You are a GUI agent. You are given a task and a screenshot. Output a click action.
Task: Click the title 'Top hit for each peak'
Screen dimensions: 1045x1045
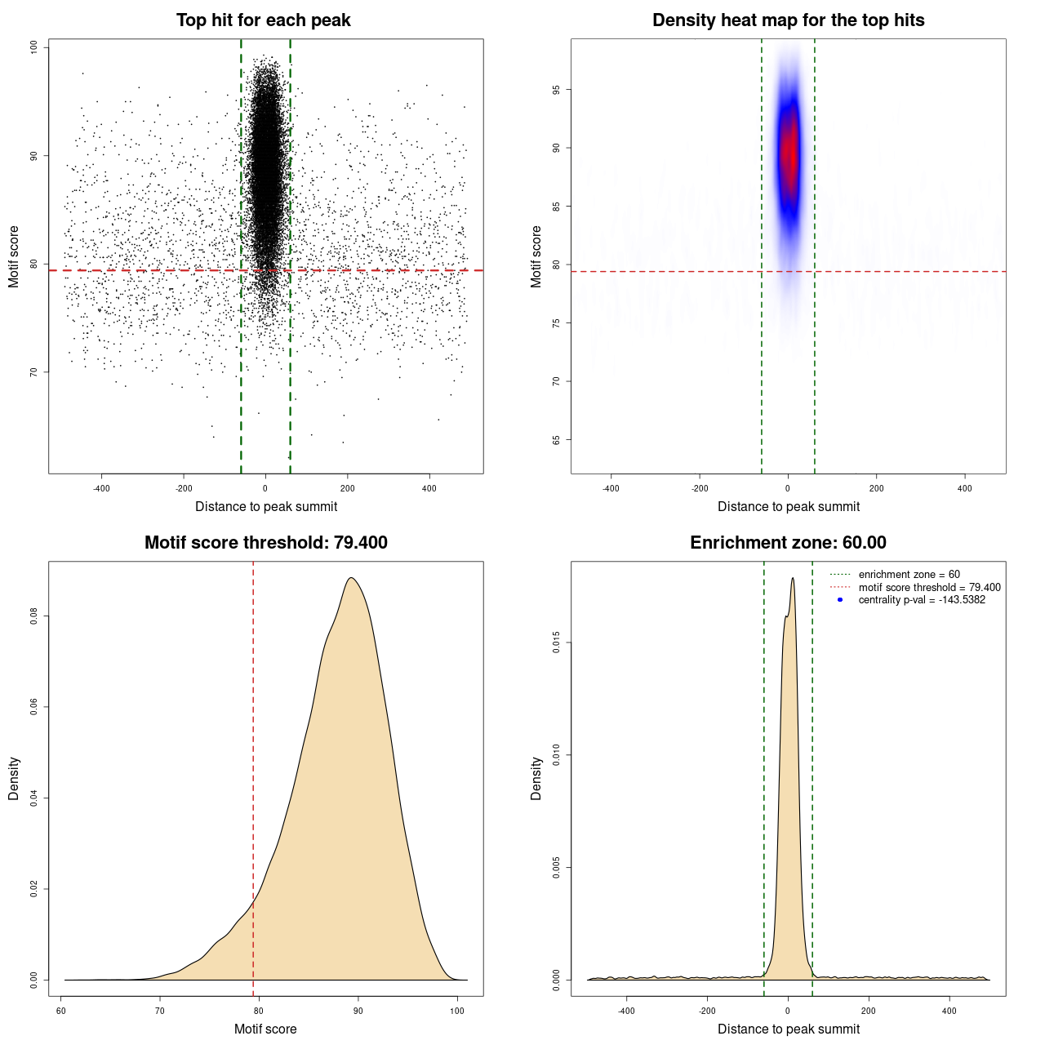point(263,20)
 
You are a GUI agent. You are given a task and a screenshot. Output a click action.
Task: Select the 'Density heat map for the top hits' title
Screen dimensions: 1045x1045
point(788,20)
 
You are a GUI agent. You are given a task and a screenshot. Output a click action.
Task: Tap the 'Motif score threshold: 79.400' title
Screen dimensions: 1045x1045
point(265,543)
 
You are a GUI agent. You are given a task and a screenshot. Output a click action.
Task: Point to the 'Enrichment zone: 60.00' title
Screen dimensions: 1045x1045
point(788,543)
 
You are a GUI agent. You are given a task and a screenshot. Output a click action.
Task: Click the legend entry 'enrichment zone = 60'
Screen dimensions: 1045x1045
point(909,575)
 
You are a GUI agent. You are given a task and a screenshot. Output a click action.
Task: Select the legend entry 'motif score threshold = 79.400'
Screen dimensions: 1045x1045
point(929,587)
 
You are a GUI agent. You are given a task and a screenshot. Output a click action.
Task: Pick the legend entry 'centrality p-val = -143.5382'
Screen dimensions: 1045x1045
point(922,600)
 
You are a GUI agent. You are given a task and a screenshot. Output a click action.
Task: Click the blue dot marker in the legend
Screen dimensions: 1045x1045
point(840,600)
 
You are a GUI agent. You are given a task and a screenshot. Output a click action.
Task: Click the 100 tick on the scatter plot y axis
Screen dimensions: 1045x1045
point(34,47)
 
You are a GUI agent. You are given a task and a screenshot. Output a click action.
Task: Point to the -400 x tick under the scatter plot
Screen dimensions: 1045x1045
point(101,488)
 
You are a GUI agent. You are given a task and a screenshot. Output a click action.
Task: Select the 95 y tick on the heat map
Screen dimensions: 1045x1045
point(557,90)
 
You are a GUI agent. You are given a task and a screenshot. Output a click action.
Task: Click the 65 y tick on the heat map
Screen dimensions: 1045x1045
point(557,440)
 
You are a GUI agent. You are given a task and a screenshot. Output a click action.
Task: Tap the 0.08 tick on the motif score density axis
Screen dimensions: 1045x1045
point(34,616)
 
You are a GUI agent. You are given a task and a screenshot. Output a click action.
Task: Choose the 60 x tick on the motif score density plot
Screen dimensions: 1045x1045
point(61,1011)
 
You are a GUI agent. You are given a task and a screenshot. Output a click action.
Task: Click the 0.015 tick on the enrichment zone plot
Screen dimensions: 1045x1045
point(557,643)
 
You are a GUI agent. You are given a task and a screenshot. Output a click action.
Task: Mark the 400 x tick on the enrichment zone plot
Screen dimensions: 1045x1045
point(949,1011)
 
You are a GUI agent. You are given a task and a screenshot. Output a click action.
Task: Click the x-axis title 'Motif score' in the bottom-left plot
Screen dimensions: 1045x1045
point(265,1029)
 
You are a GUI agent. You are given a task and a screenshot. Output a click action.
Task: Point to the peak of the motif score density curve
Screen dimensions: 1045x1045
point(351,578)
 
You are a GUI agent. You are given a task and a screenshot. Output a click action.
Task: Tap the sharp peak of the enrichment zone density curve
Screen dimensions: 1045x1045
point(792,579)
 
